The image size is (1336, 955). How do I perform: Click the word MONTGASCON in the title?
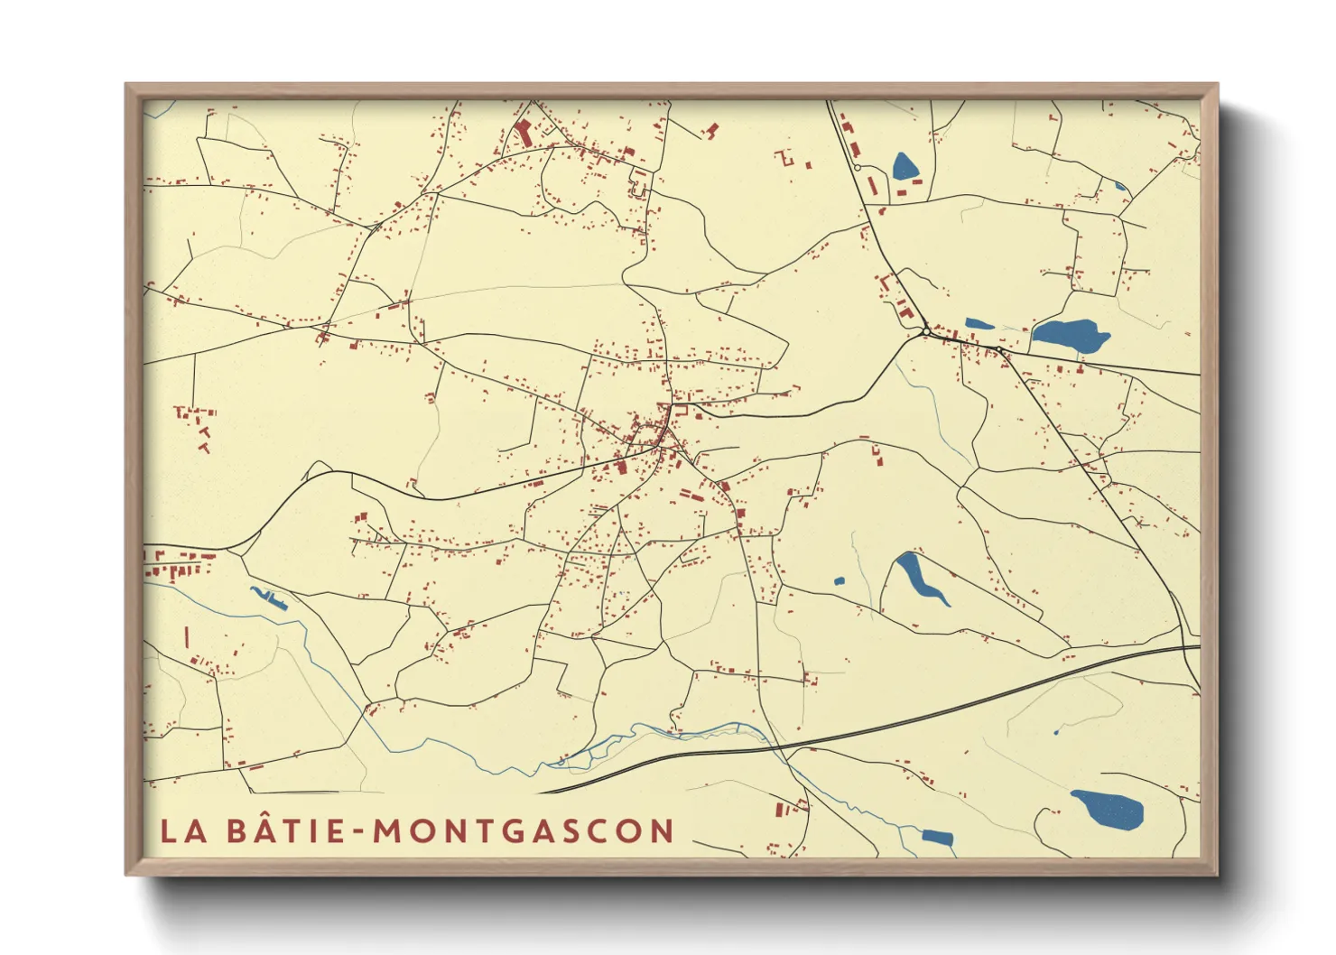click(524, 831)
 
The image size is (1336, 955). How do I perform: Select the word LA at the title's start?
click(183, 831)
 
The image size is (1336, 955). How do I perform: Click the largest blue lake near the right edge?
click(1070, 335)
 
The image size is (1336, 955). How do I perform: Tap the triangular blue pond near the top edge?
click(904, 166)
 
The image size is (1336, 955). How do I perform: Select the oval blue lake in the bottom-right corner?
click(1108, 809)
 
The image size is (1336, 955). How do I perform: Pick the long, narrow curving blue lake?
click(920, 579)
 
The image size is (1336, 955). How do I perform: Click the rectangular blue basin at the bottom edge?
click(938, 837)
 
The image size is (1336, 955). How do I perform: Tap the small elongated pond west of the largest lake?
click(979, 324)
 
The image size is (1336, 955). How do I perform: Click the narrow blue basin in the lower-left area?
click(269, 598)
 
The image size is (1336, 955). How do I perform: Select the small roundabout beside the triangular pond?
click(857, 167)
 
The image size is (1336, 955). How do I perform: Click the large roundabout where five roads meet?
click(926, 332)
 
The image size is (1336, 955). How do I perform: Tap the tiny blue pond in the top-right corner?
click(1120, 187)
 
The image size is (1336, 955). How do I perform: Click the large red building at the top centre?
click(523, 133)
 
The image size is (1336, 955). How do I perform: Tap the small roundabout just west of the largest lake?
click(999, 349)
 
